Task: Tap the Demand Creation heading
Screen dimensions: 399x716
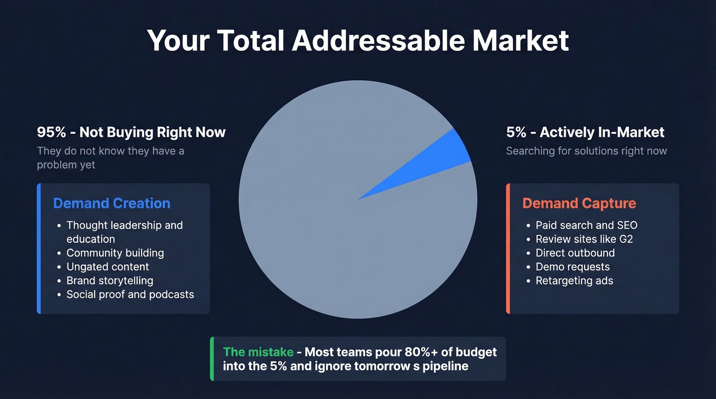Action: [x=111, y=203]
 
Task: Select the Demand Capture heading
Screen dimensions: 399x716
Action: [x=579, y=203]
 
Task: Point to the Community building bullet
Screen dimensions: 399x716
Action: [x=115, y=253]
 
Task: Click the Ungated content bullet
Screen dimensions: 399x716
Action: [x=107, y=267]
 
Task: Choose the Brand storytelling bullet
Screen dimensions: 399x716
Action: [x=109, y=280]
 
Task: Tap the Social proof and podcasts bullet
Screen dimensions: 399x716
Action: [x=130, y=294]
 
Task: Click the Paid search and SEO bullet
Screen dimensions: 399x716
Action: [x=586, y=225]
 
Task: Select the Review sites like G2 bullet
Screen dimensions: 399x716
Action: [x=584, y=239]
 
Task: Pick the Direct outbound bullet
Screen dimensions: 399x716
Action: [x=575, y=253]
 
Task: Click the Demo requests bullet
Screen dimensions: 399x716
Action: [x=572, y=267]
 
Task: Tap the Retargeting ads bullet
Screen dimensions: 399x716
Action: [x=574, y=280]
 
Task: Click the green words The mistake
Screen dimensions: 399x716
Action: [x=258, y=352]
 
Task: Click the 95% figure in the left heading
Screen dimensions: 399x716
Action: [x=52, y=132]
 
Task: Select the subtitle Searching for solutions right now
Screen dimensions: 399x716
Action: [x=586, y=151]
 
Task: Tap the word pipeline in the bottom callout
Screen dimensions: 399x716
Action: [x=445, y=366]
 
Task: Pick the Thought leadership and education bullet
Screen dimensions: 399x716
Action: [x=124, y=232]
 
